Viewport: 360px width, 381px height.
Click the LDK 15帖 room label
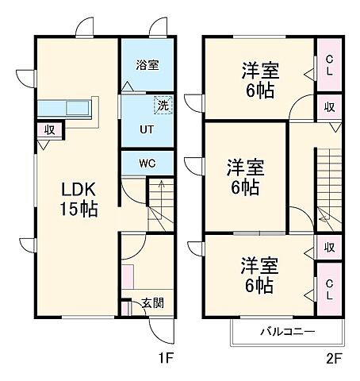point(79,201)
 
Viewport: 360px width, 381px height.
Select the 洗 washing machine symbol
point(162,103)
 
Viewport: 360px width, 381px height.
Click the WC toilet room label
point(147,164)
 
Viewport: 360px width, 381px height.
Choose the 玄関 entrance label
point(153,302)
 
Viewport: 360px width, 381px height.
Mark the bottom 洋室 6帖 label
point(259,275)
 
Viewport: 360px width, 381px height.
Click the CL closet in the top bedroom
point(327,64)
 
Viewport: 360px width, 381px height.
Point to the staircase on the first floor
point(162,202)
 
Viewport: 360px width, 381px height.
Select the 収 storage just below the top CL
point(327,106)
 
